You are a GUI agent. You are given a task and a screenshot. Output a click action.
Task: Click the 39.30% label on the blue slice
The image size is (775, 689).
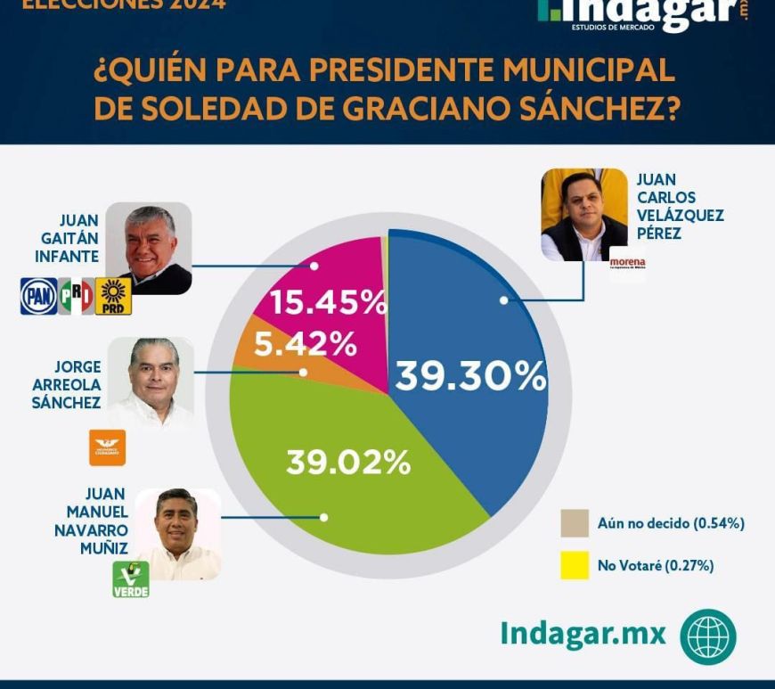click(x=470, y=377)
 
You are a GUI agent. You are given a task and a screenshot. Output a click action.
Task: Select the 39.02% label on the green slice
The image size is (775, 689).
click(x=348, y=462)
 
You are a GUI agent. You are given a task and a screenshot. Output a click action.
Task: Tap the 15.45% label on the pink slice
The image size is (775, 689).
click(x=329, y=304)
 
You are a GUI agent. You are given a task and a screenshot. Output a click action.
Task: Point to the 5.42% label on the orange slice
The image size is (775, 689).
click(x=306, y=343)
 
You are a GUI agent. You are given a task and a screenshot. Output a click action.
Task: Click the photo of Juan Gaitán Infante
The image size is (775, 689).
click(x=149, y=249)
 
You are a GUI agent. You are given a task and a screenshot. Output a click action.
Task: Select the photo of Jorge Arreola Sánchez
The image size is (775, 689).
click(x=151, y=382)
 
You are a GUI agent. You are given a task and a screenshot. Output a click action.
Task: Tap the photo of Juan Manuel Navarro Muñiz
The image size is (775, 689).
click(x=178, y=534)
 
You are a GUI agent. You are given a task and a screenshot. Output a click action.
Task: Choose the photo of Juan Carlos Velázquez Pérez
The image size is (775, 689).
click(x=584, y=215)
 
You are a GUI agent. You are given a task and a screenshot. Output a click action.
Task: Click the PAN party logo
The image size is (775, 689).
click(x=38, y=296)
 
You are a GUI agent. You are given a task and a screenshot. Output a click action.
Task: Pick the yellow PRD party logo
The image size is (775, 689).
click(x=114, y=297)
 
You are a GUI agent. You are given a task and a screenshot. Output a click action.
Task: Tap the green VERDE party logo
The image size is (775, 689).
click(x=131, y=579)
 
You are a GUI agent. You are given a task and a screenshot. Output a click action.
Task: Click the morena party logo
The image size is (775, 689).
click(x=627, y=264)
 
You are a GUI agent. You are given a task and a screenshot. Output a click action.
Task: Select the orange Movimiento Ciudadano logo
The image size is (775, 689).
click(x=108, y=447)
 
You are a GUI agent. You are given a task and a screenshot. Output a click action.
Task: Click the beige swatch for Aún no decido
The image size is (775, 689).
click(x=575, y=523)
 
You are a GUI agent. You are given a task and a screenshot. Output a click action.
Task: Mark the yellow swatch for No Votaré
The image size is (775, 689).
click(x=575, y=566)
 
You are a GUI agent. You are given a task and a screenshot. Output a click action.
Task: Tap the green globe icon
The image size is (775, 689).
click(x=708, y=637)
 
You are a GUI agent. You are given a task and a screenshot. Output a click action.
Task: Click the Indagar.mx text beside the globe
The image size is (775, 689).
click(x=583, y=633)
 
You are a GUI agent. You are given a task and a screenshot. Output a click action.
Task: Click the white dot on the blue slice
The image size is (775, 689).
click(x=503, y=300)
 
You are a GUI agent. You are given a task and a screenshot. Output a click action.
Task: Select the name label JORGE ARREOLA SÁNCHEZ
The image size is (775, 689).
click(x=66, y=384)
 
